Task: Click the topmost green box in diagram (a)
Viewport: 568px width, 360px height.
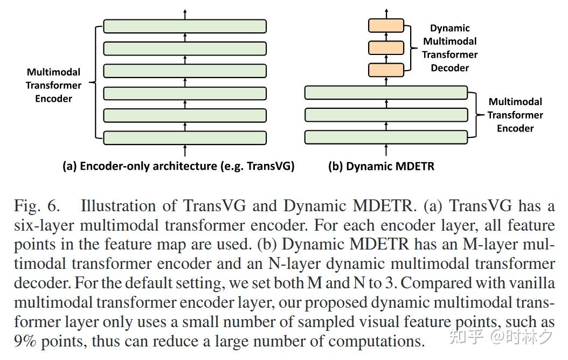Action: coord(185,26)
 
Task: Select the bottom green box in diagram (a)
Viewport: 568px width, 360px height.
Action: coord(185,137)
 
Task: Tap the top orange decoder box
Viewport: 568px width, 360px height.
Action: coord(385,25)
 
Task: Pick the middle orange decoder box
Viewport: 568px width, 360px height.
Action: coord(385,47)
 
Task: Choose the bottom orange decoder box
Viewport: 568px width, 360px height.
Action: coord(385,70)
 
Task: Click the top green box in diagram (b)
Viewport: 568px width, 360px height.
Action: coord(386,93)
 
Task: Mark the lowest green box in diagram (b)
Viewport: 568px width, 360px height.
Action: coord(386,137)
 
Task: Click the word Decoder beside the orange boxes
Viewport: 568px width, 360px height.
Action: coord(449,68)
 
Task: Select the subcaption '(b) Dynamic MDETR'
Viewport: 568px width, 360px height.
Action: coord(381,166)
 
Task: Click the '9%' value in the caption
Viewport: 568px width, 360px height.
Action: coord(26,341)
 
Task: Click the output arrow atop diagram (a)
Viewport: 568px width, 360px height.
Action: coord(185,13)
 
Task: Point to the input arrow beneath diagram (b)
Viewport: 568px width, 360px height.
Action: coord(386,150)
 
